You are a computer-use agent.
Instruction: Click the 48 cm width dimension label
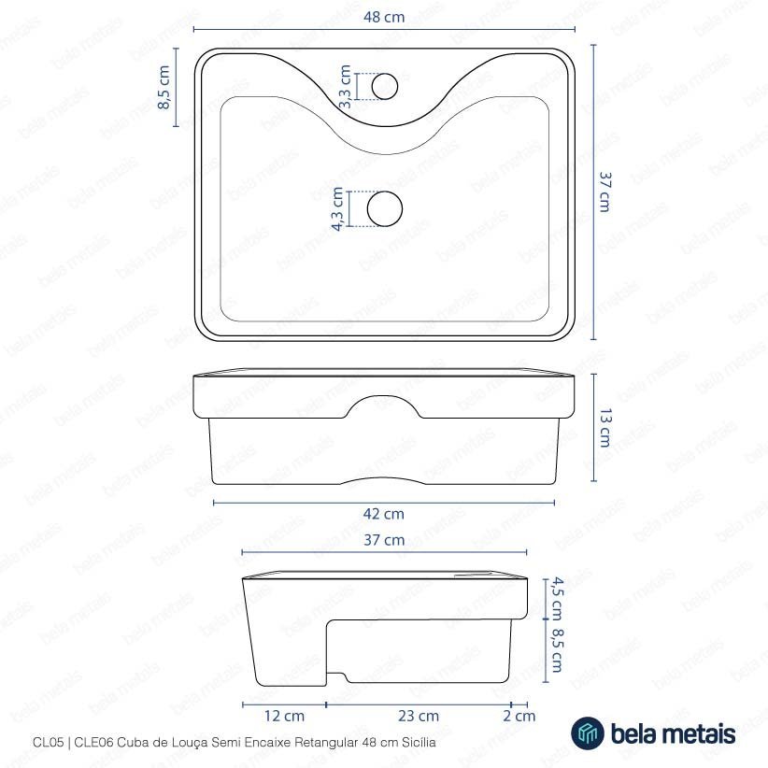click(x=384, y=17)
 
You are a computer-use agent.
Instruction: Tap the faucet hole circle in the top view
click(x=385, y=87)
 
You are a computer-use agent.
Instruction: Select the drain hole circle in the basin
click(x=385, y=208)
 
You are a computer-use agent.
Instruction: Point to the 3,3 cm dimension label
click(x=346, y=87)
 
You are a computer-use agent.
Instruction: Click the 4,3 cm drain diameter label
click(x=337, y=208)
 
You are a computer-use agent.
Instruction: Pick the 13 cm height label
click(x=605, y=428)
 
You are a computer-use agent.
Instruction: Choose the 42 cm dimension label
click(x=384, y=514)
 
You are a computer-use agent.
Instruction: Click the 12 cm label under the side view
click(x=285, y=716)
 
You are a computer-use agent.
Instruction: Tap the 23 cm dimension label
click(x=419, y=716)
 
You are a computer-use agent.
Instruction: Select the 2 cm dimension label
click(x=519, y=716)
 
